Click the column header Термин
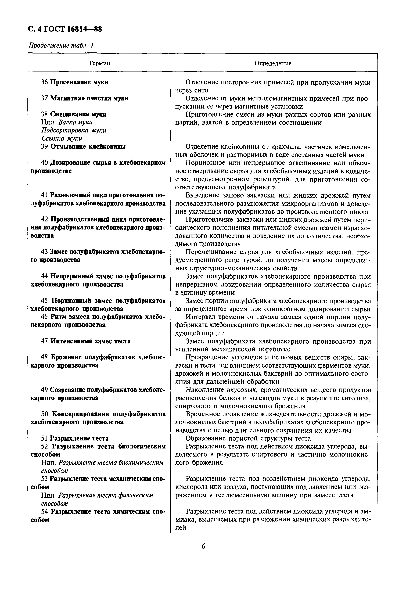[99, 63]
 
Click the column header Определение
[273, 63]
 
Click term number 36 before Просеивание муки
[45, 82]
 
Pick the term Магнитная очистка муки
[89, 98]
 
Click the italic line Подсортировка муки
[74, 130]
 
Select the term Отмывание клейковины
[88, 147]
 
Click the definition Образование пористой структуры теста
[248, 438]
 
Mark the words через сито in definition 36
[192, 90]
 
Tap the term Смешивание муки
[78, 114]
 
